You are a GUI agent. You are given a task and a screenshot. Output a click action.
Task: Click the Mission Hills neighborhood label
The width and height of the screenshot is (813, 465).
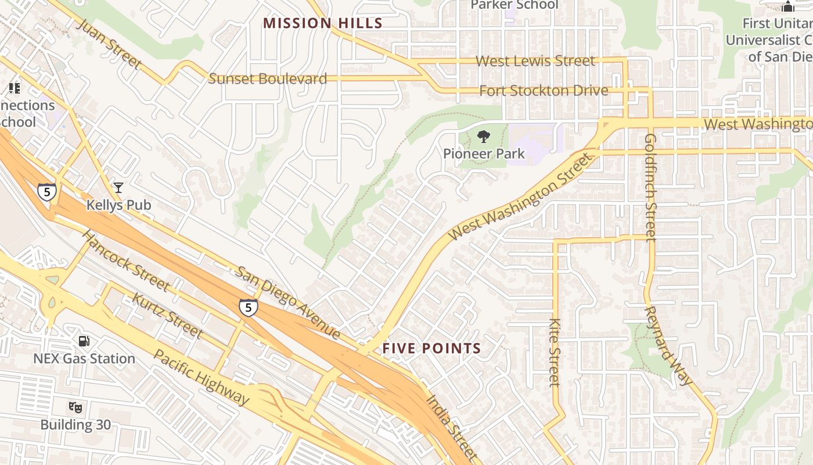(322, 23)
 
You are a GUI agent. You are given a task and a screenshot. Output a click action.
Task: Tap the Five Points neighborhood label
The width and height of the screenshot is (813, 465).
(431, 349)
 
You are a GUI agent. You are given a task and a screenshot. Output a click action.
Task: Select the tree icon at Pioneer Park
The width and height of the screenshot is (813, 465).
(483, 137)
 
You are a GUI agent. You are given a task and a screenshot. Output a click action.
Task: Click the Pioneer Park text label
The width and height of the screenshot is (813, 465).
(484, 154)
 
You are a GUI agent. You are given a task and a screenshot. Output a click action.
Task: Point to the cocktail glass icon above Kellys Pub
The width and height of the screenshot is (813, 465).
(118, 187)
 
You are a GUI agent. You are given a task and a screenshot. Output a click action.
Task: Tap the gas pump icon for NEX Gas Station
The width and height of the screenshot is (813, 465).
(84, 341)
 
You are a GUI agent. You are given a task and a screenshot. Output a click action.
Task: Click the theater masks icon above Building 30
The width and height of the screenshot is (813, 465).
(75, 407)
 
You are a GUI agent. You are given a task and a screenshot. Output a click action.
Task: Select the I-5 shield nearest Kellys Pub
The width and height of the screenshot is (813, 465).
(46, 191)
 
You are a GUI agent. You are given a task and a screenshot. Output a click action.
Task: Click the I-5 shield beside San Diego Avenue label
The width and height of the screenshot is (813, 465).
(248, 307)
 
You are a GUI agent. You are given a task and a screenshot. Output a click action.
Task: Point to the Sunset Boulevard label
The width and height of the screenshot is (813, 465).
(267, 79)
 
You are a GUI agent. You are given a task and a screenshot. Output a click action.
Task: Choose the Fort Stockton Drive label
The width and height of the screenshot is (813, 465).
(544, 91)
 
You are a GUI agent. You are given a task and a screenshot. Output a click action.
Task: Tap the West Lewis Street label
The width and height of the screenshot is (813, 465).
(535, 61)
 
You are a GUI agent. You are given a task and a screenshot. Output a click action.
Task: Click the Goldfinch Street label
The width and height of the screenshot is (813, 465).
(650, 187)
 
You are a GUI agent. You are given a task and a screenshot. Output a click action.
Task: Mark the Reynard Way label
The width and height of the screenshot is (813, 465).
(668, 345)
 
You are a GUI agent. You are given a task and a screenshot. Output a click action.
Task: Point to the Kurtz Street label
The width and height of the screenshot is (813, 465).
(167, 316)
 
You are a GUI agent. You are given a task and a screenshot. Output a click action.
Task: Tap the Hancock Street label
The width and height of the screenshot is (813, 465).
(125, 260)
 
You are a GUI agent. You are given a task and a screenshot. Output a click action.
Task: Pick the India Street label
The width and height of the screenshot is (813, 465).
(451, 428)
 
